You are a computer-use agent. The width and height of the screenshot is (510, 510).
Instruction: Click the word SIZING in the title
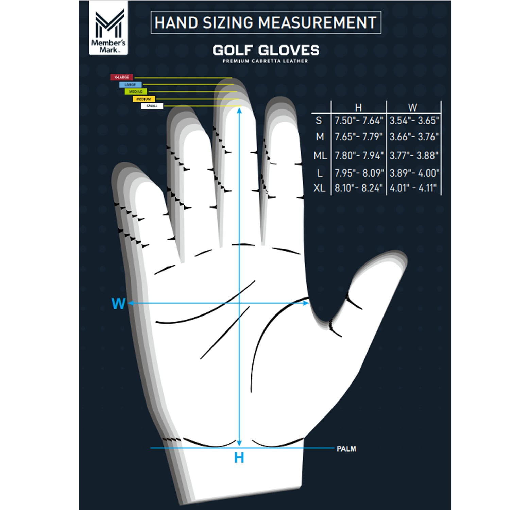click(228, 22)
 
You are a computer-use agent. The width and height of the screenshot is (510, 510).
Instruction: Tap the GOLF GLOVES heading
click(266, 51)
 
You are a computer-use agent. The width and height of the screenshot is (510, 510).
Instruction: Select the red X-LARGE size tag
click(121, 78)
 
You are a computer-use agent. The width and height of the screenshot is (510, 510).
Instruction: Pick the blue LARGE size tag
click(130, 84)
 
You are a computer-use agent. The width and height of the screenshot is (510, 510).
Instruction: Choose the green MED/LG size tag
click(136, 91)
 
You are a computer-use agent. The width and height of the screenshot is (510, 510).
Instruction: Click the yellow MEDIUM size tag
click(143, 99)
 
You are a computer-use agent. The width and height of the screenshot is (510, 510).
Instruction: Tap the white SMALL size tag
click(152, 106)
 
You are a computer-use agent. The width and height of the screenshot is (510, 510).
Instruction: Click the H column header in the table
click(358, 108)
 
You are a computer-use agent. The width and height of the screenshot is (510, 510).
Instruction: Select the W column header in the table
click(412, 108)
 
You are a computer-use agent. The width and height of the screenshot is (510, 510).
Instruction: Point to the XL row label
click(319, 188)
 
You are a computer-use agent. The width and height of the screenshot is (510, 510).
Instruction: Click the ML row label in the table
click(320, 156)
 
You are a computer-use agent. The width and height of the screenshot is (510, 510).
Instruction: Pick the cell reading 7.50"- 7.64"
click(359, 120)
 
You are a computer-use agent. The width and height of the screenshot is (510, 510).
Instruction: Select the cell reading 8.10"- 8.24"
click(359, 188)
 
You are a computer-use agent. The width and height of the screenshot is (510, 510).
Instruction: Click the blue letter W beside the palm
click(118, 303)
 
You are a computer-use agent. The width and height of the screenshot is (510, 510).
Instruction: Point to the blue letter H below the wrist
click(239, 458)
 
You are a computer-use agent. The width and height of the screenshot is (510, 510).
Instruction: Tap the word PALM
click(346, 449)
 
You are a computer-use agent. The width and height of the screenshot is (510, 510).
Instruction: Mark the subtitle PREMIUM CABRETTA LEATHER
click(265, 61)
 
